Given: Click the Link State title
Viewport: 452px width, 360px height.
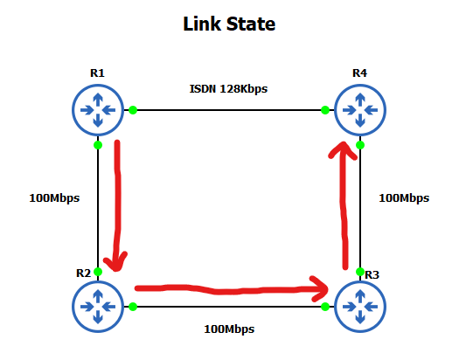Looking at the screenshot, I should coord(229,24).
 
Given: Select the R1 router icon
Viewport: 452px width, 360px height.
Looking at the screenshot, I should coord(98,110).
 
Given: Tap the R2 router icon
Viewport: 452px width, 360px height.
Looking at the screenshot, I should coord(98,307).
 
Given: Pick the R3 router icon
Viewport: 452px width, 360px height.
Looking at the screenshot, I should coord(359,307).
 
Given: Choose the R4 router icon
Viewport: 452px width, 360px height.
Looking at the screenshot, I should coord(359,110).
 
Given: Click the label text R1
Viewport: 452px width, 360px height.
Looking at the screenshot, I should coord(98,72).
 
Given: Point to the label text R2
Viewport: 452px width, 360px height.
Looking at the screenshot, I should coord(84,273).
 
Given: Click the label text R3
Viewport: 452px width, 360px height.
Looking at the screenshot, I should coord(372,274).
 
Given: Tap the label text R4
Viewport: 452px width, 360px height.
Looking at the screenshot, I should coord(359,72).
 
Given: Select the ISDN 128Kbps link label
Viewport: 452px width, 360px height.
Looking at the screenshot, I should coord(228,89).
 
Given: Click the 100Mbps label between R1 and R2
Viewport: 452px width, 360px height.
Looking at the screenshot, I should coord(54,197).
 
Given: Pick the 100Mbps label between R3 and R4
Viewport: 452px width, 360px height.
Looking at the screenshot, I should coord(404,197).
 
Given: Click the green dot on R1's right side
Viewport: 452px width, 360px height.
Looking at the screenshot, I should coord(133,110).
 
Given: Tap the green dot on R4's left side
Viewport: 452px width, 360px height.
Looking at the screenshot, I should coord(324,110).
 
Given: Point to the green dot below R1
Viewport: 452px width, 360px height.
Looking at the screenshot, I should coord(98,145).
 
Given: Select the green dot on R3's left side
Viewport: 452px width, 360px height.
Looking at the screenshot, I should coord(324,307).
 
